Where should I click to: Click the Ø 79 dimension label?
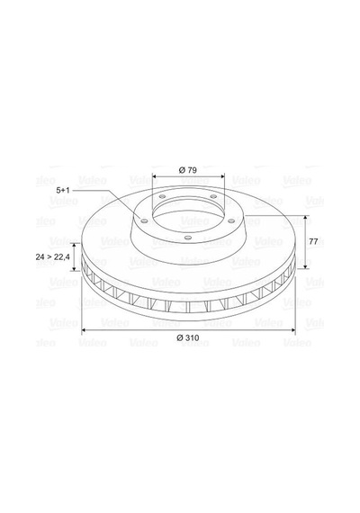click(188, 170)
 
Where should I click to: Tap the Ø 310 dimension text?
click(188, 337)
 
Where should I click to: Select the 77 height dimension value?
click(313, 242)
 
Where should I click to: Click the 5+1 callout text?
click(63, 190)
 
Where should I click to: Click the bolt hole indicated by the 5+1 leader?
click(144, 221)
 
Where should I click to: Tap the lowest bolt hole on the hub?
click(187, 238)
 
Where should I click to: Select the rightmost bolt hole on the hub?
click(231, 221)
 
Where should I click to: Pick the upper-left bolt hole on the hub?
click(162, 196)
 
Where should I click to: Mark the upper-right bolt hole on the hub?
click(213, 196)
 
